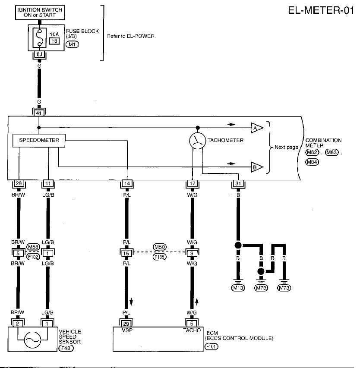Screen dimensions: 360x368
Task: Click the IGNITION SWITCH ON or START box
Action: click(40, 13)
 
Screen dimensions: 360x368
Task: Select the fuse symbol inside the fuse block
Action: click(40, 38)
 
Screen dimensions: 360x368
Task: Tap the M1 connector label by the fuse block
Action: click(73, 44)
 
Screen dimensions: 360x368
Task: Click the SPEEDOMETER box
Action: click(39, 140)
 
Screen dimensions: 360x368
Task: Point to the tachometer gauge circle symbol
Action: click(198, 141)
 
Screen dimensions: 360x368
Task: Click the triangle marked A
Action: click(257, 128)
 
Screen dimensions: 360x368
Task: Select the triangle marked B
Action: click(257, 167)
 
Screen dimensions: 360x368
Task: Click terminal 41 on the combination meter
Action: click(39, 113)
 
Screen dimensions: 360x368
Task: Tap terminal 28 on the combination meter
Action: click(19, 183)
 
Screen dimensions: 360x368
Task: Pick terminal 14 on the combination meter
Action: click(127, 183)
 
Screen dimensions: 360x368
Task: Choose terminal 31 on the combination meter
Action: click(238, 183)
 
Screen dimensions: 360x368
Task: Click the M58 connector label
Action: click(33, 247)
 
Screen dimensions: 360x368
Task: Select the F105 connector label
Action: click(159, 257)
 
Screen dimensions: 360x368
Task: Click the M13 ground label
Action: click(238, 288)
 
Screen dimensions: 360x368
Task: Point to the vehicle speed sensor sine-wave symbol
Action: click(32, 340)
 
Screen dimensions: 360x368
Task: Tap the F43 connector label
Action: click(66, 348)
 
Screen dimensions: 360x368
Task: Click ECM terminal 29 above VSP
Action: click(126, 324)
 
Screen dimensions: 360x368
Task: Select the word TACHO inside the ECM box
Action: click(192, 330)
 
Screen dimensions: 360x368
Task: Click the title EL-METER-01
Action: click(321, 10)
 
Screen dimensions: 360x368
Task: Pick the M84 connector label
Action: click(312, 162)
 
